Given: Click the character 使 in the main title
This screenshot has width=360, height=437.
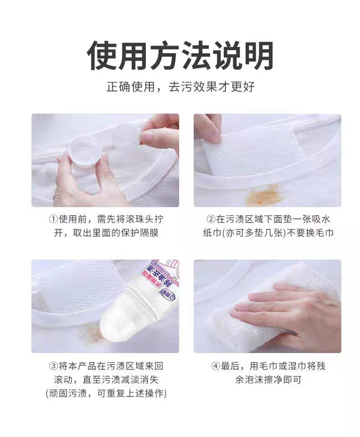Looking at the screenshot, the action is point(103,56).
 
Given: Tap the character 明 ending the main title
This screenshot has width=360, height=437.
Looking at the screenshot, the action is point(258,56).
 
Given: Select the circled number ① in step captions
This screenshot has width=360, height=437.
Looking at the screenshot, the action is point(53,219).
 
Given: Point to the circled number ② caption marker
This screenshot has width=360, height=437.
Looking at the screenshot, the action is point(211,219).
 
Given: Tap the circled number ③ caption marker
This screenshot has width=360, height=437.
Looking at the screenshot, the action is point(53,366).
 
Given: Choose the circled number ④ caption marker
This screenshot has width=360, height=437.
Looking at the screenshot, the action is point(216,366).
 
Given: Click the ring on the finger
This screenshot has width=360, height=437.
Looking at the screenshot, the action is point(56,194).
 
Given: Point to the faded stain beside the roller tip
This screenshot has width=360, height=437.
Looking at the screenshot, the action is point(89,336).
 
